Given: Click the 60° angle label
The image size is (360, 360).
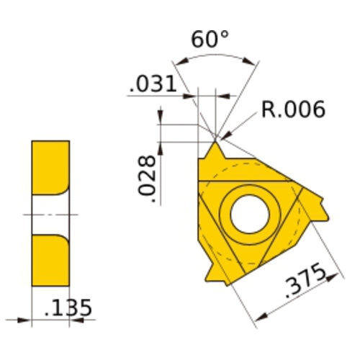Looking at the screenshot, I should [210, 40].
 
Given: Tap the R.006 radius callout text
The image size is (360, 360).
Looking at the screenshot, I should [293, 109].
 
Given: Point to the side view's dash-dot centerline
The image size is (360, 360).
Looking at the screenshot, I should [50, 214].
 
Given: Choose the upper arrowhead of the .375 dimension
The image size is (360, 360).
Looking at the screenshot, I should [339, 274].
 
